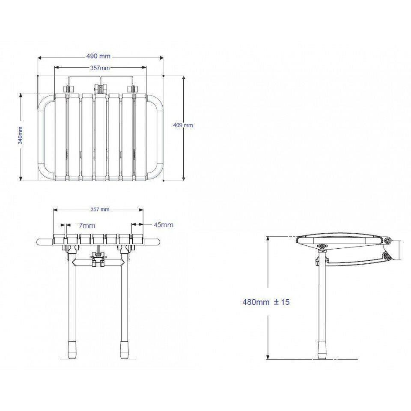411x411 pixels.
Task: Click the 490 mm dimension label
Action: tap(98, 56)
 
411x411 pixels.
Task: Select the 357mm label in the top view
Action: tap(100, 68)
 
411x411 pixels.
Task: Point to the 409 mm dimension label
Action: tap(183, 125)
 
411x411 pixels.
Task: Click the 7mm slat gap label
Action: tap(87, 225)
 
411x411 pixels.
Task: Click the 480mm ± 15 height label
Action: tap(266, 302)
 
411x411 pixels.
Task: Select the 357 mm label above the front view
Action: tap(100, 209)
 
